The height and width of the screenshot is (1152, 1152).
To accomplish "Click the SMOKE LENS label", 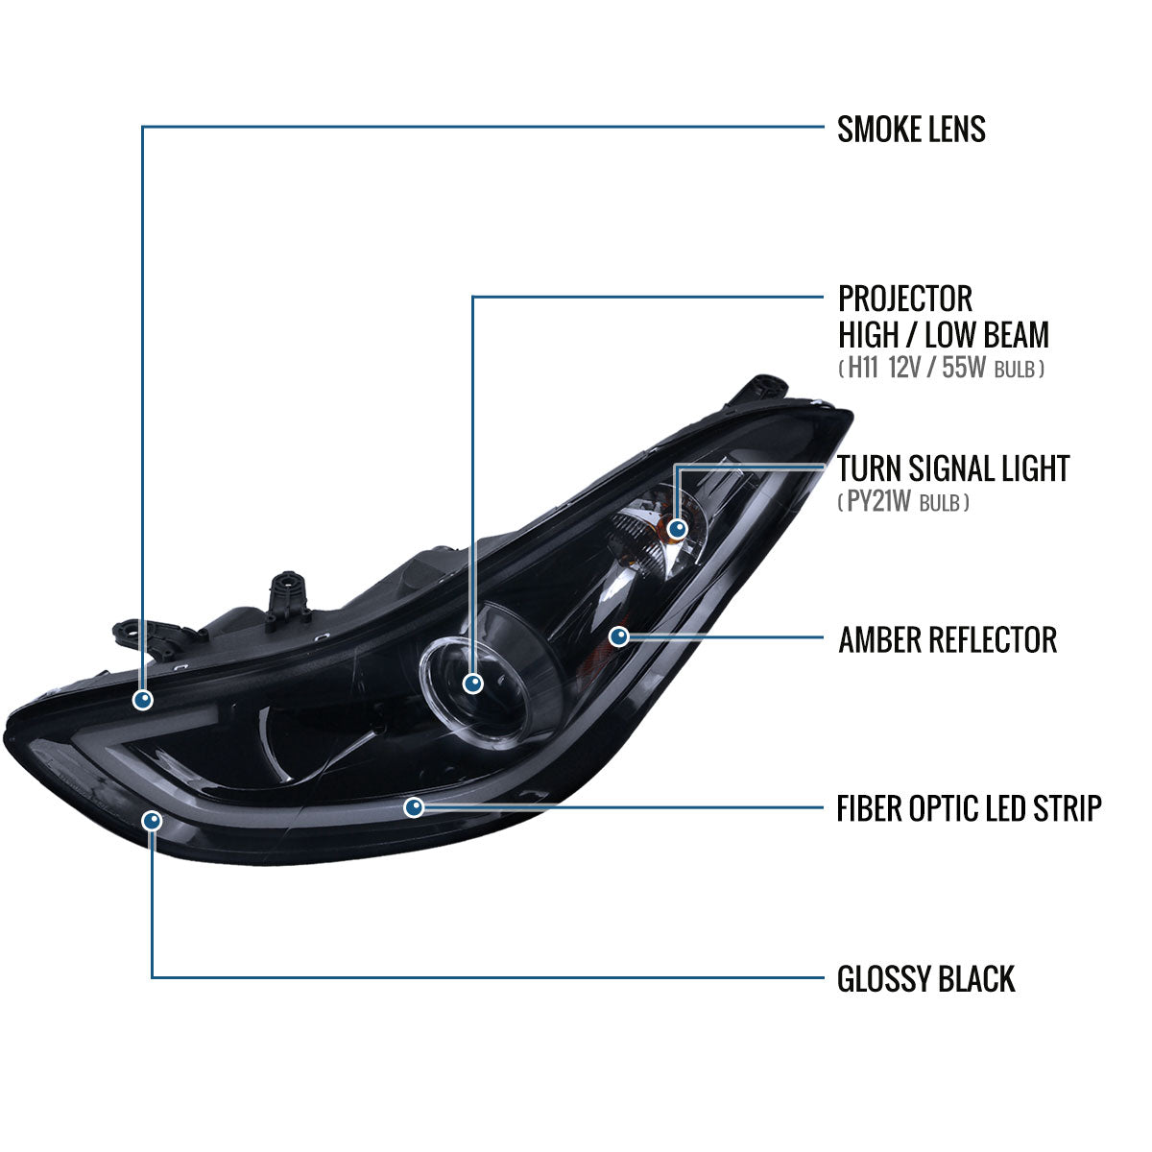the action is [911, 130].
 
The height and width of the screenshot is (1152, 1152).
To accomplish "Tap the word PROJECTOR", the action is [905, 299].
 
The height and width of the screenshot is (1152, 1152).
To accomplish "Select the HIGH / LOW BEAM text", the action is [944, 335].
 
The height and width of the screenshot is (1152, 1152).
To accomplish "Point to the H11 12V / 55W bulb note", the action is [942, 368].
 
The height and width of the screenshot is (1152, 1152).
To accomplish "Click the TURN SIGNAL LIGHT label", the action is [953, 468].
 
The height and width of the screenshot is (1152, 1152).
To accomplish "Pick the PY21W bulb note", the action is [903, 501].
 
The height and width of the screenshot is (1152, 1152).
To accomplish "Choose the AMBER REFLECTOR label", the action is [948, 639].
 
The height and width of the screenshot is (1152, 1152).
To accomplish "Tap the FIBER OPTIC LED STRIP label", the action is [969, 809].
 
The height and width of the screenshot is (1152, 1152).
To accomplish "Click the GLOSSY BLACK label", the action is [926, 979].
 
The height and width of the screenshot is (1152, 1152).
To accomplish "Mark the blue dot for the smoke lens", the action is [143, 700].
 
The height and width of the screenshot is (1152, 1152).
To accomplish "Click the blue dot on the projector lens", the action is [473, 684].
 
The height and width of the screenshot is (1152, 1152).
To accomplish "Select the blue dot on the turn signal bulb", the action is [678, 529].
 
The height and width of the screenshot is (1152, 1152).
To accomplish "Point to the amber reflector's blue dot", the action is [619, 636].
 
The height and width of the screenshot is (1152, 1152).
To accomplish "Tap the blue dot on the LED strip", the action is [414, 807].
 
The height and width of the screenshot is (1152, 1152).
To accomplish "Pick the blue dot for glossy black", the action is [153, 821].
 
